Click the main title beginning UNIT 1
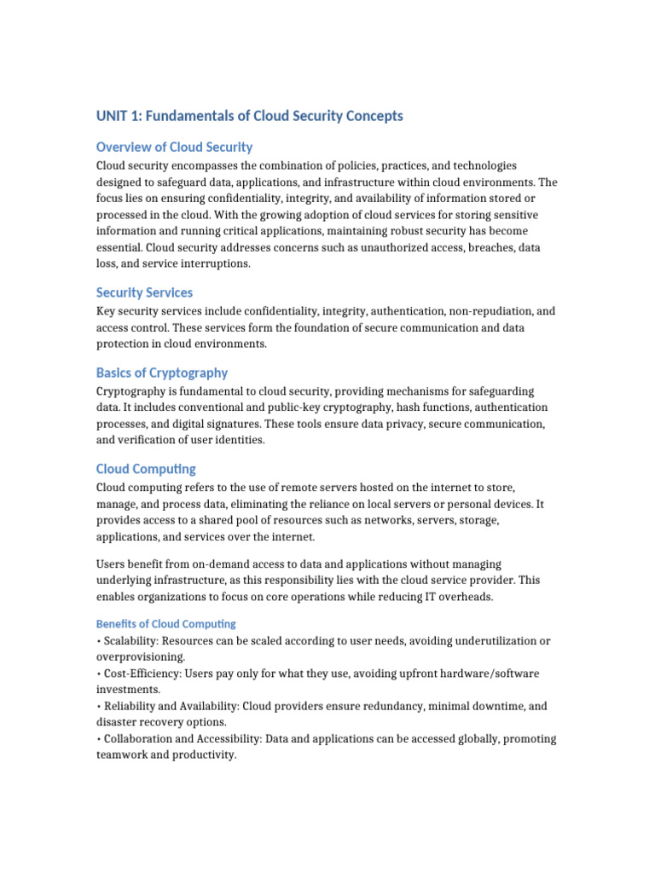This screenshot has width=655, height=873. (249, 116)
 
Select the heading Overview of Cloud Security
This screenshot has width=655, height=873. (174, 147)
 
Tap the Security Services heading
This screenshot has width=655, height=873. (144, 292)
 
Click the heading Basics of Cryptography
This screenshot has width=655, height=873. (162, 373)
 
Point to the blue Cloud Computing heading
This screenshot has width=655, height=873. (146, 469)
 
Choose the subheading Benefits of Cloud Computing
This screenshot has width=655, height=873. (166, 624)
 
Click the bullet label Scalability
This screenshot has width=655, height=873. (129, 641)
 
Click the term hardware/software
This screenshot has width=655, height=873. (484, 674)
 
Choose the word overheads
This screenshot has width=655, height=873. (465, 597)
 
